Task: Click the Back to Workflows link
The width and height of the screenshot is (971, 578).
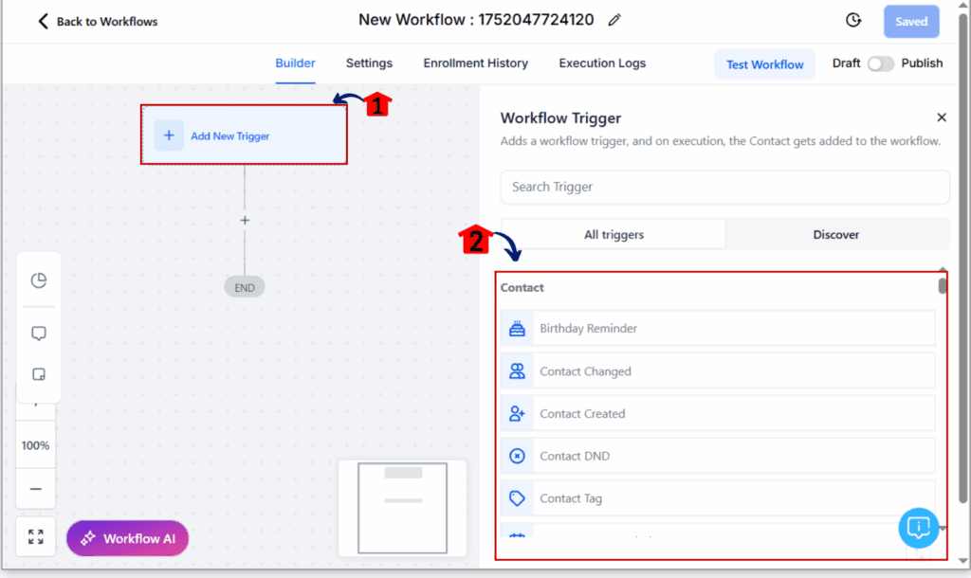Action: (98, 22)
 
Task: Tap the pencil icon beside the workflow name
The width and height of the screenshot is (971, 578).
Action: (614, 21)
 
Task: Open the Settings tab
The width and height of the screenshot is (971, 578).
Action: (369, 63)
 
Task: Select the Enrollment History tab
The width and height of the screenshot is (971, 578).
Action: (476, 63)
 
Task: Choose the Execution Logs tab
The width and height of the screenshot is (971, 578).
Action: (602, 63)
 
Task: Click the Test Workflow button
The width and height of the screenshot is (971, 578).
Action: (765, 64)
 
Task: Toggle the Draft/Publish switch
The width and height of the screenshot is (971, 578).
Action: (881, 63)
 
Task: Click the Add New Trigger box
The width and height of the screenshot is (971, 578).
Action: (244, 135)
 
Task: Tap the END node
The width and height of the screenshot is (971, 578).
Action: (245, 287)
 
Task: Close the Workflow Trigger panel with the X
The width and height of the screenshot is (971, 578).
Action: (942, 117)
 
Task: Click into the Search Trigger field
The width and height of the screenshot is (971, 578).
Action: (724, 187)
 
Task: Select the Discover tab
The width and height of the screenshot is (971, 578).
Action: (836, 235)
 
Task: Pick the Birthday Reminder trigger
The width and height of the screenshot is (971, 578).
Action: (718, 328)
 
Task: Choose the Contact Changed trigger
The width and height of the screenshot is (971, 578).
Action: (718, 371)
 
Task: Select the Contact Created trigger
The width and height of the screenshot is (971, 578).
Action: (718, 413)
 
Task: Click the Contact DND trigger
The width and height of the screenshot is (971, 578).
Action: (718, 456)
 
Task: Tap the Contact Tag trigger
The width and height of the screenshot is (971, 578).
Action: (718, 498)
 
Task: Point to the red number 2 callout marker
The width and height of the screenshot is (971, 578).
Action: (476, 240)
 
